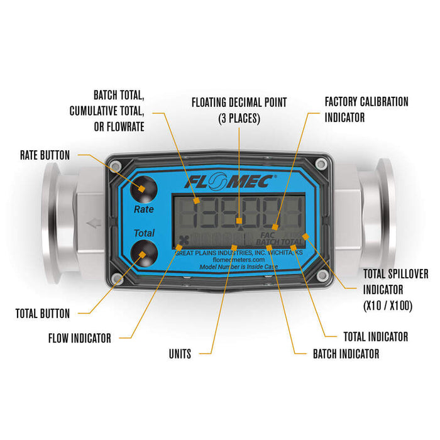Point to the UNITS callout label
[180, 355]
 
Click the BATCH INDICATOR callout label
[346, 354]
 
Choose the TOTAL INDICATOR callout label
[375, 337]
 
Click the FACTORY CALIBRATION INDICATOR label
[366, 109]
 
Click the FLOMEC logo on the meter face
[230, 181]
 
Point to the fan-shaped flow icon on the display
[184, 239]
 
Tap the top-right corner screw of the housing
[323, 165]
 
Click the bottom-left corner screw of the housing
[116, 278]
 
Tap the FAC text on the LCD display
[266, 235]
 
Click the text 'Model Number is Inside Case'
[238, 267]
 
